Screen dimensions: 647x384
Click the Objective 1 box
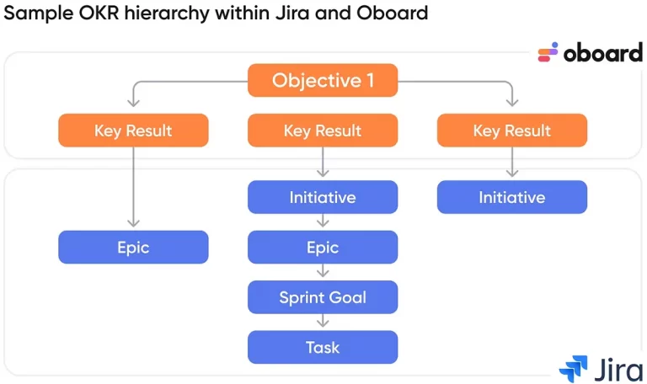(323, 80)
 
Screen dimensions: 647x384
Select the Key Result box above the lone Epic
(133, 131)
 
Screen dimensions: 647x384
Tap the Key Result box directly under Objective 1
(323, 131)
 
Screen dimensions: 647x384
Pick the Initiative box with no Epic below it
(512, 197)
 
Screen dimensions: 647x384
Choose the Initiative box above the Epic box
(323, 197)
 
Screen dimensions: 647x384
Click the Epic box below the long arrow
(133, 247)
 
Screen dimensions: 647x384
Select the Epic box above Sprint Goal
(323, 247)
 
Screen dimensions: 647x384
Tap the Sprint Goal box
(323, 297)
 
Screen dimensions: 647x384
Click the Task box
(323, 347)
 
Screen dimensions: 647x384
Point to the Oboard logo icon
(548, 52)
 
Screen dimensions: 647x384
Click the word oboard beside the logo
(603, 53)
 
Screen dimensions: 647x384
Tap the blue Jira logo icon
(574, 368)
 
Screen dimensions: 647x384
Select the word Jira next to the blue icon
(618, 369)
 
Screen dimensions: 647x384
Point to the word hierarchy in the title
(167, 13)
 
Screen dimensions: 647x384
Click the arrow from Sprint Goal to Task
(323, 321)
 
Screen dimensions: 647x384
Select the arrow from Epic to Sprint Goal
(323, 270)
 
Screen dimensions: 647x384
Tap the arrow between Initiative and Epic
(323, 221)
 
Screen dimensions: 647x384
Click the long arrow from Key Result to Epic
(133, 187)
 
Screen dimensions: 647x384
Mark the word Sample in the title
(39, 13)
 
